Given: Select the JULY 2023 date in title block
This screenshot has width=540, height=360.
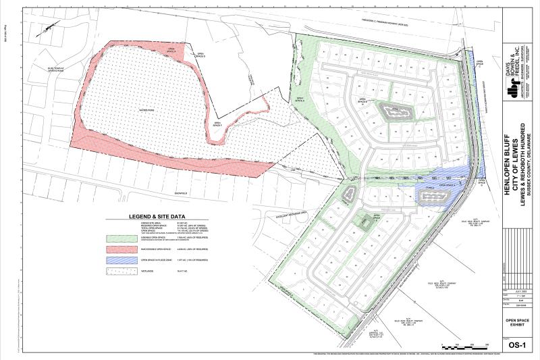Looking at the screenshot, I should pos(518,289).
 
